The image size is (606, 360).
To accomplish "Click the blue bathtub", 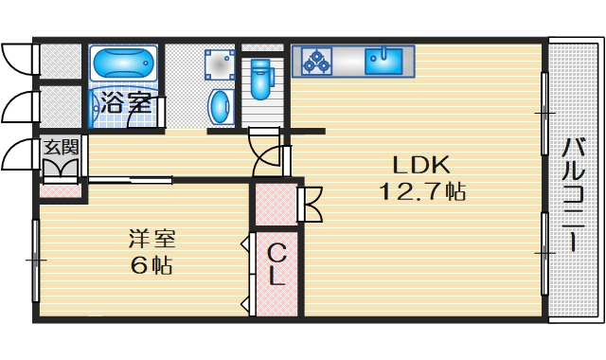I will click(x=124, y=67).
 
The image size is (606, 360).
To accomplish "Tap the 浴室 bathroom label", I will click(x=124, y=102).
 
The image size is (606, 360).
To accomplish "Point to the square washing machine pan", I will click(x=219, y=63).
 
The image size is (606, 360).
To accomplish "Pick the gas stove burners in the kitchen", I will click(x=316, y=62).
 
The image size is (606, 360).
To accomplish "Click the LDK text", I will click(x=408, y=163).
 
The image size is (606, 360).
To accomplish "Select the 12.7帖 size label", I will click(x=421, y=192).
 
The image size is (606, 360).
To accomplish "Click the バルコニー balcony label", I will click(x=573, y=194).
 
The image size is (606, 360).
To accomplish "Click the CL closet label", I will click(x=276, y=265).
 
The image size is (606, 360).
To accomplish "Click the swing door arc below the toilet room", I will click(x=268, y=155).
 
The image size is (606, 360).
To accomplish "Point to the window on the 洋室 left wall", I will click(x=36, y=258).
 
